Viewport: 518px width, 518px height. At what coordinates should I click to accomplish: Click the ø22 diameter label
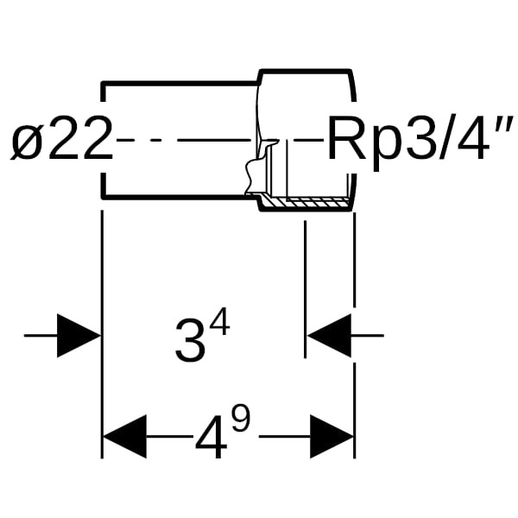62,142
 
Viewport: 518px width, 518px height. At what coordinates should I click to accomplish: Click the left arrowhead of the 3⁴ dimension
79,335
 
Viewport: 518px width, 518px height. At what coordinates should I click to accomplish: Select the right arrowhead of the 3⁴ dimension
330,335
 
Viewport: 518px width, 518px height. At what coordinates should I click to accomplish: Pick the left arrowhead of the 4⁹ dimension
124,437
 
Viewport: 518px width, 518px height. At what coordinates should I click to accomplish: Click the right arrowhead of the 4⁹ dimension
332,437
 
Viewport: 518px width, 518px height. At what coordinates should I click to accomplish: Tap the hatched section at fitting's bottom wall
306,204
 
